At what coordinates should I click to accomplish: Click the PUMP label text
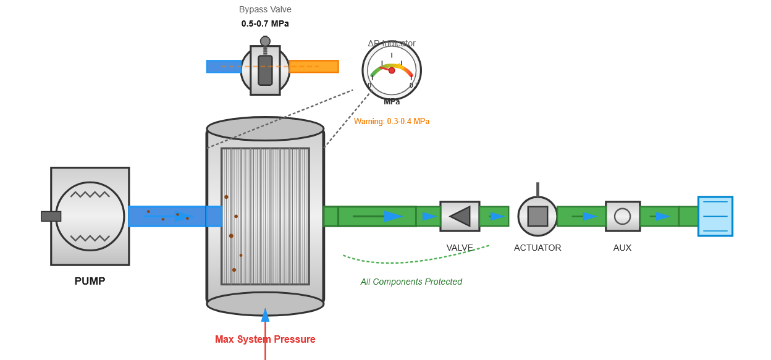point(90,281)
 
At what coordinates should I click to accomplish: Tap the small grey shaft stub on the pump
point(51,216)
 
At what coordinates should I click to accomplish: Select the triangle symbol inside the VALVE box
point(461,216)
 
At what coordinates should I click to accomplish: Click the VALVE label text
point(460,248)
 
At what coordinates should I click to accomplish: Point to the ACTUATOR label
point(537,248)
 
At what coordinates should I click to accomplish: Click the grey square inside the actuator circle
point(537,216)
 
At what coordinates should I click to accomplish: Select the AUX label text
point(622,248)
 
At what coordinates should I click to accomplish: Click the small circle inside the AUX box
point(622,216)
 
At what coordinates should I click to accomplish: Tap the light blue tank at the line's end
point(715,216)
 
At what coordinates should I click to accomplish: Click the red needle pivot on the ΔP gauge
point(392,70)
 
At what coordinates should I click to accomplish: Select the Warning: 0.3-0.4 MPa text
point(392,122)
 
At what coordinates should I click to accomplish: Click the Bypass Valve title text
point(265,9)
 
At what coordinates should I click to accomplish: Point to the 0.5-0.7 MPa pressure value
point(265,23)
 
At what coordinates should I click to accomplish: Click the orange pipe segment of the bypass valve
point(314,67)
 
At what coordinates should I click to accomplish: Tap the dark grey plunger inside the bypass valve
point(265,70)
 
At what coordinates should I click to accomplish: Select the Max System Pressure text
point(265,339)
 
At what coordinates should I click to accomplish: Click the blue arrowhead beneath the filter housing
point(265,316)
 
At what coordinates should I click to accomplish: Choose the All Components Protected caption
point(411,282)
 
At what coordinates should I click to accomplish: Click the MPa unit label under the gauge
point(392,102)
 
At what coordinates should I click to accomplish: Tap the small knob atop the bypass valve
point(265,41)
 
